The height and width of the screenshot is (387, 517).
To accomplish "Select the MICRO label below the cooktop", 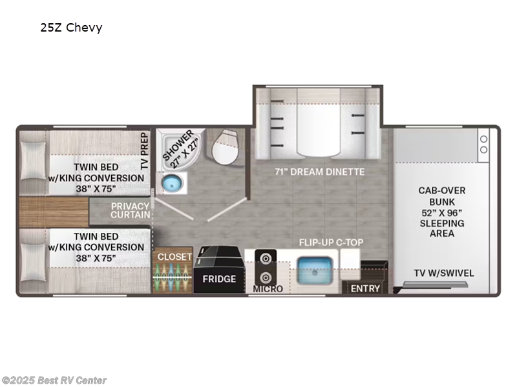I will (268, 289).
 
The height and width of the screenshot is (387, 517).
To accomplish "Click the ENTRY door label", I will (365, 288).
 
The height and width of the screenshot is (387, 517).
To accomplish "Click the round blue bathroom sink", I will (171, 184).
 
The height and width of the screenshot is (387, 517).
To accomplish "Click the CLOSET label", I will (174, 257).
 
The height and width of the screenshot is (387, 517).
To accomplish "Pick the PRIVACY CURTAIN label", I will (131, 210).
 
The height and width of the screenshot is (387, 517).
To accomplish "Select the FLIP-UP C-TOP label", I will (331, 243).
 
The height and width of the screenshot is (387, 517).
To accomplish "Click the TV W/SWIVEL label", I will (445, 273).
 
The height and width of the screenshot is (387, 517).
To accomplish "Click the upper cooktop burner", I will (264, 259).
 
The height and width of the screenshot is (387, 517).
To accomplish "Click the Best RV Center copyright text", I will (54, 381).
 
